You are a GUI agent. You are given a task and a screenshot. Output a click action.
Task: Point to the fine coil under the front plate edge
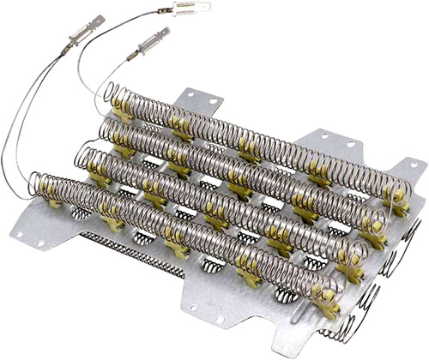(x=129, y=256)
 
